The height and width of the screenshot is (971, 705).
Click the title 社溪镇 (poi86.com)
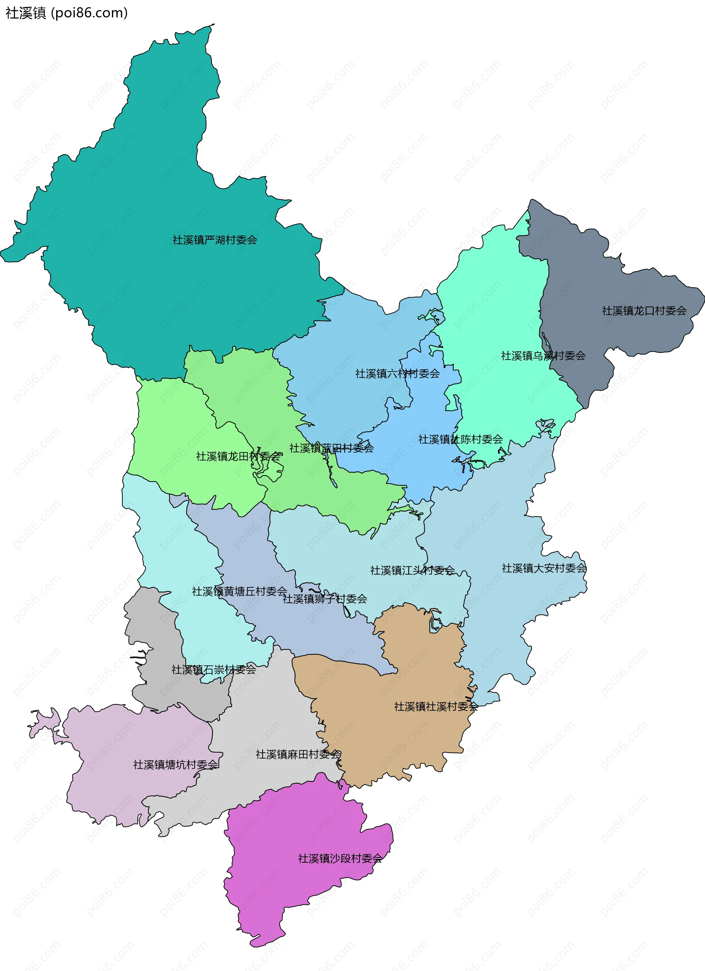coord(66,13)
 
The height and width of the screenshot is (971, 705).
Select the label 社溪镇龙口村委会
coord(644,311)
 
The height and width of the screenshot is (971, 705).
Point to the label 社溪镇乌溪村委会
coord(543,356)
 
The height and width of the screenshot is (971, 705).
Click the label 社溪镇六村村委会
coord(397,374)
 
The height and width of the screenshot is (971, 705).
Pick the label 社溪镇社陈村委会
coord(460,439)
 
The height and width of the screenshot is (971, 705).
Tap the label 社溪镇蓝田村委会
coord(331,448)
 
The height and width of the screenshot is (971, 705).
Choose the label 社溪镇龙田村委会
coord(238,456)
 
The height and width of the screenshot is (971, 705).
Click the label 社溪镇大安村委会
coord(543,568)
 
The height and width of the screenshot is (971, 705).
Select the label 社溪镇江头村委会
coord(412,570)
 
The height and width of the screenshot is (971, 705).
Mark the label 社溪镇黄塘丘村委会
coord(239,591)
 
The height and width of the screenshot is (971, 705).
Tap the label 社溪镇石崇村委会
coord(213,670)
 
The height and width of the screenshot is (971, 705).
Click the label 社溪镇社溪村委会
coord(435,706)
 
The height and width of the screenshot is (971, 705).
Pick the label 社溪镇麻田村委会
coord(298,754)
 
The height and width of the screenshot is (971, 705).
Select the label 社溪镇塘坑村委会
coord(176,765)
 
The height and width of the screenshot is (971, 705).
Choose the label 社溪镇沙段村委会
coord(340,858)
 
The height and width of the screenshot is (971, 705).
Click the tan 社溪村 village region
coord(386,736)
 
